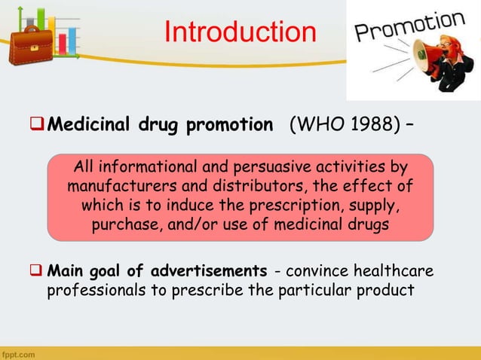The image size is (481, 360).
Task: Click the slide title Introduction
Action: coord(240,32)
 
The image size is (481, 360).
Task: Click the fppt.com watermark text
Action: coord(17,353)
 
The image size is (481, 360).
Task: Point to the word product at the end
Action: coord(386,290)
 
